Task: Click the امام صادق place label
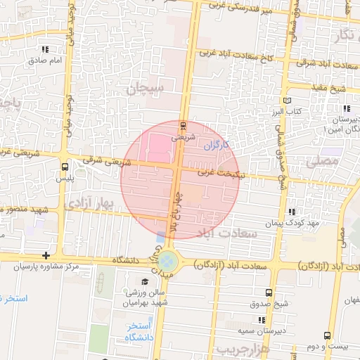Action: click(47, 60)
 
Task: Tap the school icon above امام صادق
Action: click(46, 50)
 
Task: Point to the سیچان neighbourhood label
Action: click(146, 89)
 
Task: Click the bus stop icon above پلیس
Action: click(65, 167)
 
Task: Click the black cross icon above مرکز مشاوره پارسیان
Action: click(46, 255)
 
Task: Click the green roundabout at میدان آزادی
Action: click(167, 262)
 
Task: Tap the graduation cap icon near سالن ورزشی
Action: click(145, 282)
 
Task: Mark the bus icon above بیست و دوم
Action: click(326, 336)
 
